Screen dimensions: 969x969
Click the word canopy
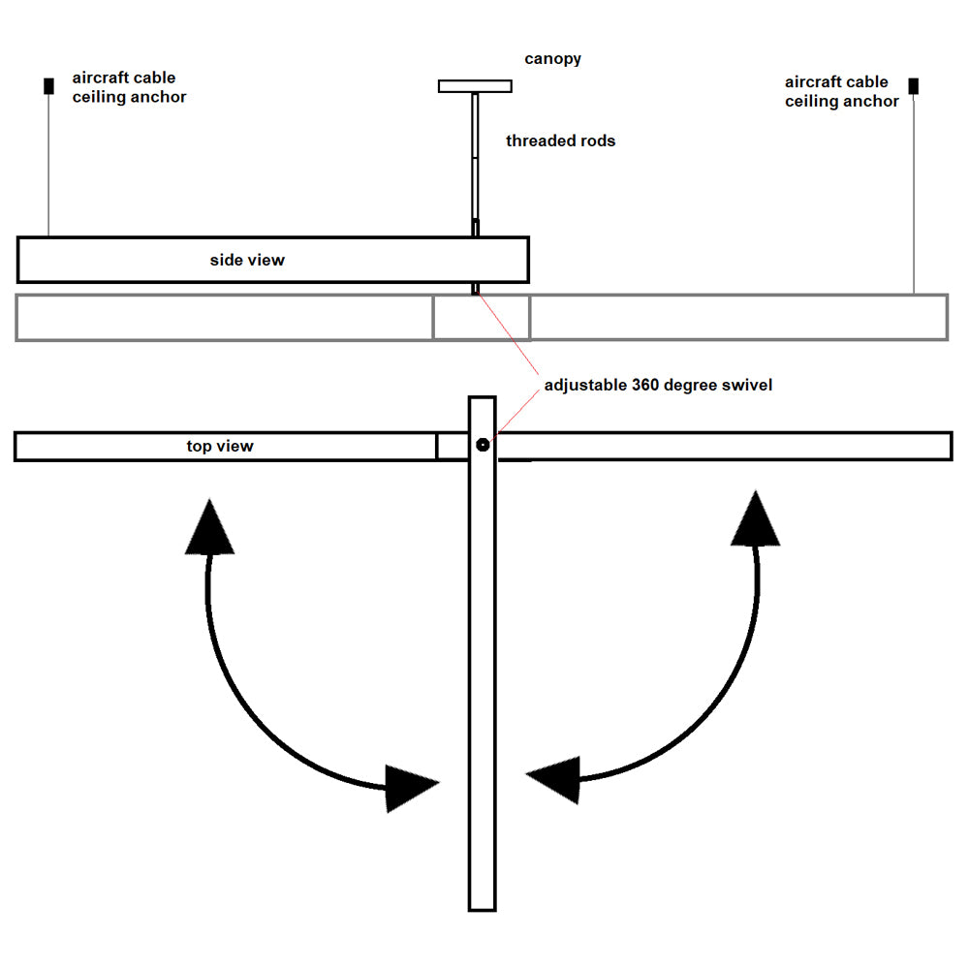(x=553, y=59)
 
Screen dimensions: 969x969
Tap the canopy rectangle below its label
(x=475, y=86)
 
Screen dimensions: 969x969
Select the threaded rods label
(x=560, y=141)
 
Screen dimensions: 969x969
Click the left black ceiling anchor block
(x=48, y=86)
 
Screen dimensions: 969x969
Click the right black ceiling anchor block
(x=913, y=86)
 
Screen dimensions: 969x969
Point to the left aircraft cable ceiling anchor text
(x=129, y=87)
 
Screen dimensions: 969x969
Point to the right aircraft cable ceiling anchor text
(x=841, y=92)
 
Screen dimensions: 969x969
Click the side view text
(x=247, y=260)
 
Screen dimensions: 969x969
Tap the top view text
(x=220, y=446)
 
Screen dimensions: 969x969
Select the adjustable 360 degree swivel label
(x=658, y=385)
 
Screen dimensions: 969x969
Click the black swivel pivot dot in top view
(x=482, y=445)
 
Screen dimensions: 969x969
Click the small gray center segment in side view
(x=482, y=318)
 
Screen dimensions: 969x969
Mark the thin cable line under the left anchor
(x=48, y=165)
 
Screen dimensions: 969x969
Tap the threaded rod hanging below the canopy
(x=475, y=155)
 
